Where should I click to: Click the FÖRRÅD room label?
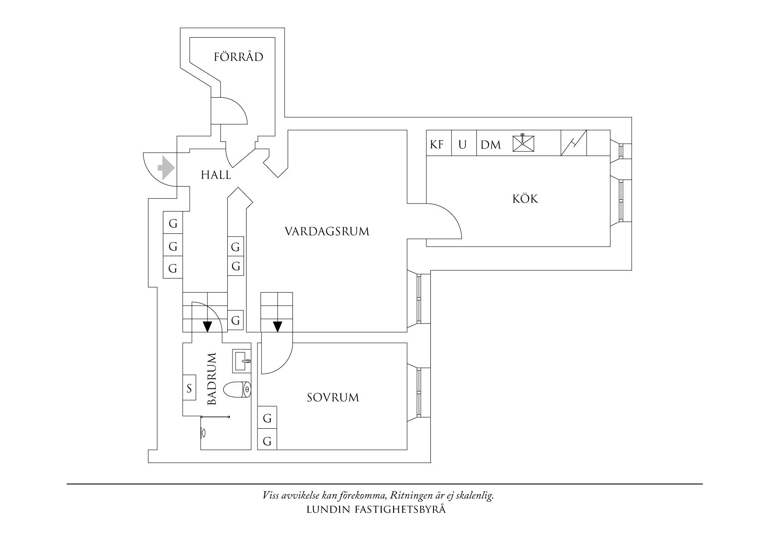(x=238, y=56)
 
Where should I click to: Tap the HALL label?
(x=216, y=175)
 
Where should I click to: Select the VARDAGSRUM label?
(x=327, y=231)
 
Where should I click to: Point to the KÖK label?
(x=525, y=199)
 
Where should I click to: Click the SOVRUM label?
(x=333, y=398)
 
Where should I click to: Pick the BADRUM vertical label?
(x=212, y=379)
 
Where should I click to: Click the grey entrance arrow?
(x=166, y=168)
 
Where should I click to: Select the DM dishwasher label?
(x=490, y=145)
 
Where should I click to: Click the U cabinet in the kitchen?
(x=463, y=144)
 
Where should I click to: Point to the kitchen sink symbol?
(x=524, y=143)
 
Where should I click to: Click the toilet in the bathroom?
(x=237, y=389)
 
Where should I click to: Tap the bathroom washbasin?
(x=241, y=361)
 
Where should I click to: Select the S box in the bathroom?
(x=189, y=388)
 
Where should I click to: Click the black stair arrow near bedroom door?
(x=277, y=327)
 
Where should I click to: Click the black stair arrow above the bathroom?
(x=207, y=327)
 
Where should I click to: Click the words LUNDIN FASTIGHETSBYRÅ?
(x=376, y=509)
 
